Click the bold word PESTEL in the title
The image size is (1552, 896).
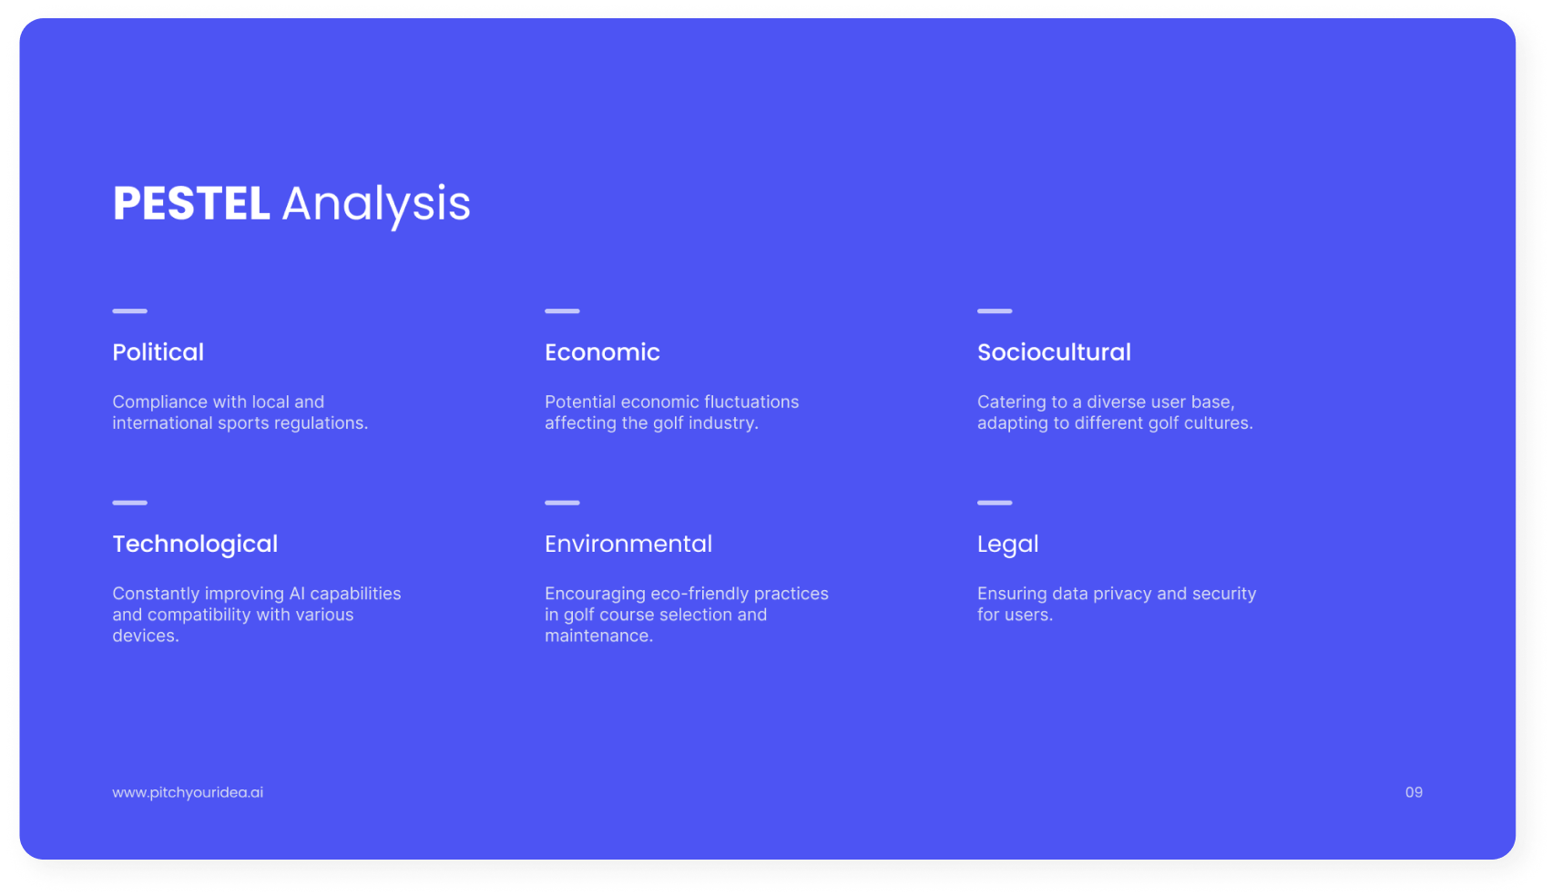pyautogui.click(x=191, y=204)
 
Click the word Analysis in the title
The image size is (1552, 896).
pyautogui.click(x=376, y=207)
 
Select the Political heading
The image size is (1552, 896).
pyautogui.click(x=158, y=352)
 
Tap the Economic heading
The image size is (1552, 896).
pyautogui.click(x=602, y=352)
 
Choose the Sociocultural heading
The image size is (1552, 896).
pyautogui.click(x=1054, y=352)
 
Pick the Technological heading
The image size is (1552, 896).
pyautogui.click(x=195, y=545)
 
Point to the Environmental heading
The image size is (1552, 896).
pyautogui.click(x=628, y=545)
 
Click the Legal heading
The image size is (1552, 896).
pyautogui.click(x=1007, y=545)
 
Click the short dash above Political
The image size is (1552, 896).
pyautogui.click(x=129, y=311)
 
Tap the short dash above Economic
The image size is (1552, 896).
pyautogui.click(x=562, y=311)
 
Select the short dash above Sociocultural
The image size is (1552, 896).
pyautogui.click(x=995, y=311)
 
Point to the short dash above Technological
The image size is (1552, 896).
pyautogui.click(x=129, y=503)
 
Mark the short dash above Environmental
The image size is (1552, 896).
pyautogui.click(x=562, y=503)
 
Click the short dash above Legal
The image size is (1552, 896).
pyautogui.click(x=995, y=503)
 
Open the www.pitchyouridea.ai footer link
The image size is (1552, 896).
pyautogui.click(x=188, y=793)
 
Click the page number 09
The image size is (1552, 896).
pyautogui.click(x=1414, y=792)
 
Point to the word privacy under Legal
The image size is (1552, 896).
pyautogui.click(x=1119, y=594)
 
